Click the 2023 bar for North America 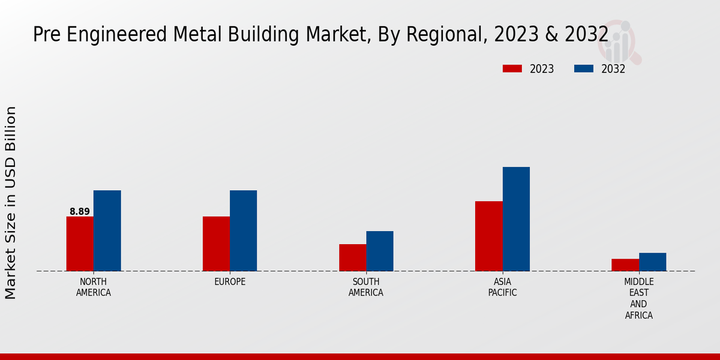tap(80, 244)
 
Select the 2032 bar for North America tap(107, 230)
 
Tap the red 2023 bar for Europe tap(216, 244)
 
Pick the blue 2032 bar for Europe tap(243, 230)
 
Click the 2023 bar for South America tap(352, 257)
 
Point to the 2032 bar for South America tap(380, 251)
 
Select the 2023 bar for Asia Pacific tap(488, 236)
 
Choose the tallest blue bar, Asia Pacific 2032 tap(516, 219)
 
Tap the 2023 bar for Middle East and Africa tap(625, 265)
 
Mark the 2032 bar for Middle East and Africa tap(652, 262)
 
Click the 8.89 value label tap(80, 211)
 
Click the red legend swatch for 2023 tap(512, 68)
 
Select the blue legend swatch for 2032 tap(584, 68)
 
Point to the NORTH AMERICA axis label tap(94, 287)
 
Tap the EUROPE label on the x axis tap(230, 281)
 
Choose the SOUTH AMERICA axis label tap(366, 287)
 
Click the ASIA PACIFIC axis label tap(502, 287)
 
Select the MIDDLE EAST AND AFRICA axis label tap(638, 298)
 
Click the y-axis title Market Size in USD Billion tap(11, 203)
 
